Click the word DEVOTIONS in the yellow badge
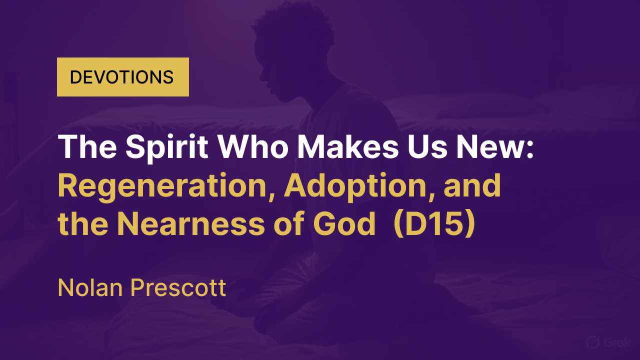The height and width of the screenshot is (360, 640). click(x=121, y=77)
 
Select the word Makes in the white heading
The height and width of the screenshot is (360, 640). click(x=347, y=146)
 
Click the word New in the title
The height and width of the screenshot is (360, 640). click(x=489, y=146)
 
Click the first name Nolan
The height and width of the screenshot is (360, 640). click(x=90, y=287)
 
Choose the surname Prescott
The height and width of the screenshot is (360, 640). click(x=178, y=287)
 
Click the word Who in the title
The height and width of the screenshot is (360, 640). click(x=253, y=146)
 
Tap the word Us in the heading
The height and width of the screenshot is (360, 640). click(x=427, y=146)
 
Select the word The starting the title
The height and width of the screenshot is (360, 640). click(x=87, y=146)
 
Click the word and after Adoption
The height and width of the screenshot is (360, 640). click(x=472, y=186)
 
